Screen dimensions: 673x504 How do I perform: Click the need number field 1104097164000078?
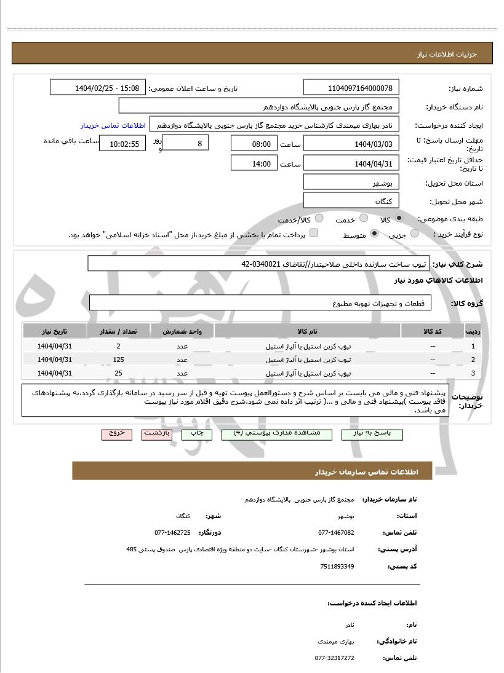pyautogui.click(x=351, y=88)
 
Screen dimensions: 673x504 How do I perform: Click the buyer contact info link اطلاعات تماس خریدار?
pyautogui.click(x=113, y=125)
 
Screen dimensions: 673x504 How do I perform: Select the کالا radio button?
pyautogui.click(x=399, y=219)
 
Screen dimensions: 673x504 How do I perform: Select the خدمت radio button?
pyautogui.click(x=364, y=219)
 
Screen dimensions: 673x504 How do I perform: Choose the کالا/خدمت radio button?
pyautogui.click(x=319, y=219)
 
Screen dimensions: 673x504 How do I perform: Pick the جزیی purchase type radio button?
pyautogui.click(x=415, y=234)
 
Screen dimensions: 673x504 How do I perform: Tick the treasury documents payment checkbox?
pyautogui.click(x=314, y=234)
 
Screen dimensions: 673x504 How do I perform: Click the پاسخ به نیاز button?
pyautogui.click(x=372, y=433)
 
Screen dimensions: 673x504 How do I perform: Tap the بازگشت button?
pyautogui.click(x=156, y=433)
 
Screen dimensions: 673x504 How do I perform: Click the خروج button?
pyautogui.click(x=117, y=433)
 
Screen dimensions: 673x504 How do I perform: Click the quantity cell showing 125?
pyautogui.click(x=118, y=360)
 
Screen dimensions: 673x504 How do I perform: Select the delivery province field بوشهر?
pyautogui.click(x=351, y=183)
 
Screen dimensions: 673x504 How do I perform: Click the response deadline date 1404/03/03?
pyautogui.click(x=351, y=144)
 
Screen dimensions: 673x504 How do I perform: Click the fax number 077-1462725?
pyautogui.click(x=172, y=532)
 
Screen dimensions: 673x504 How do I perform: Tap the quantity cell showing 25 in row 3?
pyautogui.click(x=118, y=373)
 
